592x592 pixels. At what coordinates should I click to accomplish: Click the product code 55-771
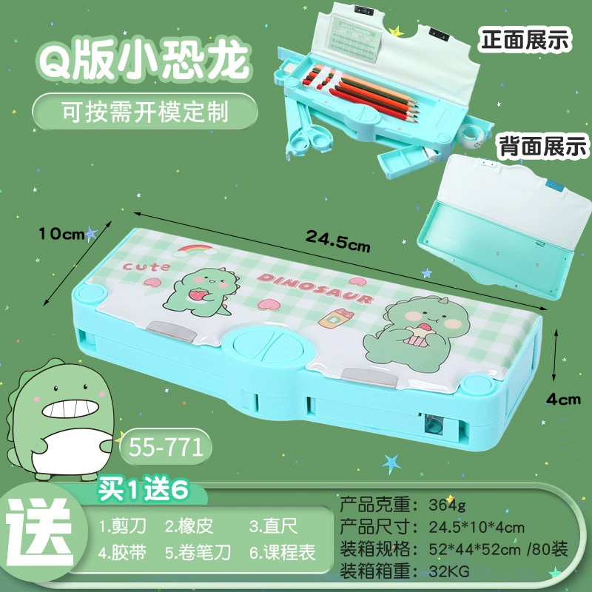tap(166, 448)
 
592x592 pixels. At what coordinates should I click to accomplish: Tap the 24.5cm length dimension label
tap(338, 241)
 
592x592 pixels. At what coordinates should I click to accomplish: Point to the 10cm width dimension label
tap(61, 234)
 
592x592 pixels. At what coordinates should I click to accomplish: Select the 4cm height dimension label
tap(563, 400)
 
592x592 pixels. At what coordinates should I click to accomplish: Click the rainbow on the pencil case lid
tap(195, 249)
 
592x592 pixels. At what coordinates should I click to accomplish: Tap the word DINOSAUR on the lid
tap(315, 288)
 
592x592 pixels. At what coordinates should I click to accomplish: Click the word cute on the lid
tap(146, 266)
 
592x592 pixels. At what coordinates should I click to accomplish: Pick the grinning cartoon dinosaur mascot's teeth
tap(70, 409)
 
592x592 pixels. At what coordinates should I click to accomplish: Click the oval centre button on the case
tap(269, 345)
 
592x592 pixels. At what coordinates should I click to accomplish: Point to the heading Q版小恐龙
tap(144, 61)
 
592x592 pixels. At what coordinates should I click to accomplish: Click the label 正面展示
tap(525, 39)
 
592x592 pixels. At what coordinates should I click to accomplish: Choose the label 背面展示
tap(543, 146)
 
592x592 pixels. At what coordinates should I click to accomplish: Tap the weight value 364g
tap(448, 505)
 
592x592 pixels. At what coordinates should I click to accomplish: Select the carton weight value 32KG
tap(449, 571)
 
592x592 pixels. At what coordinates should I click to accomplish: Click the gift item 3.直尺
tap(273, 526)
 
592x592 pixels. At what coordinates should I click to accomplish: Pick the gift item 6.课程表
tap(282, 552)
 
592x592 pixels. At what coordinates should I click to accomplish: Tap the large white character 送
tap(40, 532)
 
